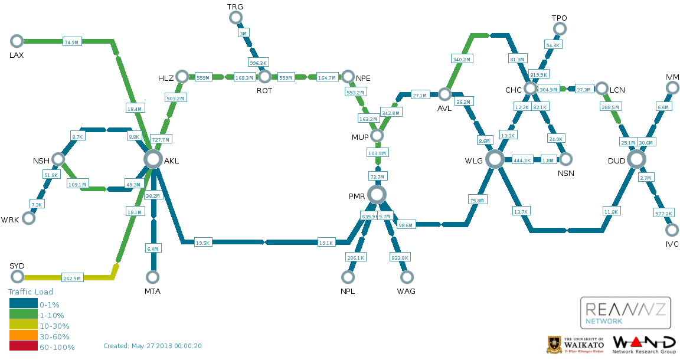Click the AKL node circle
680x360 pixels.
(153, 159)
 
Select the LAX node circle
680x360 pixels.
(17, 41)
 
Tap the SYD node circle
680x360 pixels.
(17, 277)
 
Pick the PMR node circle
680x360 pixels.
(377, 194)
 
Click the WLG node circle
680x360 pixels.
(495, 159)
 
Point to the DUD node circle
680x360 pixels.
(636, 159)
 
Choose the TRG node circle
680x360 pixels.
(236, 17)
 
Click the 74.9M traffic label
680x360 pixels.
(71, 41)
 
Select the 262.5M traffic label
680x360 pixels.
(71, 278)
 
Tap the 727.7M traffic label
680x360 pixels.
(161, 140)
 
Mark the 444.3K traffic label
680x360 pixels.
(522, 160)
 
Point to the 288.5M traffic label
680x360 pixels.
(610, 107)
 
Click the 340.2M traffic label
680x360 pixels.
(462, 60)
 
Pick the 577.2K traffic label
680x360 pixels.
(663, 213)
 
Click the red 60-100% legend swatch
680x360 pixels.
(23, 347)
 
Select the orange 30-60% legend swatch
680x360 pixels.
(23, 336)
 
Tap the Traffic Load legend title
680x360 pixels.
(30, 292)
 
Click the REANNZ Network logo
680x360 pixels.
(625, 312)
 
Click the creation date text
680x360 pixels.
(152, 346)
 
